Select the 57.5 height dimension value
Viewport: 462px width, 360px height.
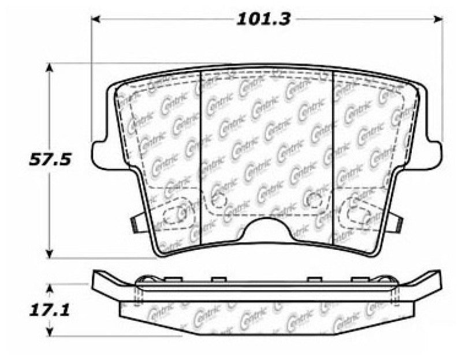(x=50, y=160)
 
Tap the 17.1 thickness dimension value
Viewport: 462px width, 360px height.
(x=50, y=311)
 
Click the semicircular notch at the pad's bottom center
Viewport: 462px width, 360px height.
(x=266, y=231)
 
